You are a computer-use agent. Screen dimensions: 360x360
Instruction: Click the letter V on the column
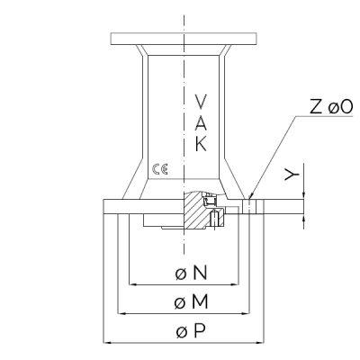pyautogui.click(x=201, y=102)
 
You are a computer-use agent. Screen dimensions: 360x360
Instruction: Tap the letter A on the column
pyautogui.click(x=201, y=122)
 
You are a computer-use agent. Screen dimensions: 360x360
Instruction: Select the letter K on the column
pyautogui.click(x=201, y=144)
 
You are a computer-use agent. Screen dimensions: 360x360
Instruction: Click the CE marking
pyautogui.click(x=160, y=169)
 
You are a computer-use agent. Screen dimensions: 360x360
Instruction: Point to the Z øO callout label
pyautogui.click(x=331, y=107)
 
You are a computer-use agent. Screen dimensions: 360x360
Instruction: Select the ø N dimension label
pyautogui.click(x=192, y=273)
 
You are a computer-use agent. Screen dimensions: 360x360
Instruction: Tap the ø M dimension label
pyautogui.click(x=191, y=302)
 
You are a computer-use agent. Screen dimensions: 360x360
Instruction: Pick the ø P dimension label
pyautogui.click(x=191, y=331)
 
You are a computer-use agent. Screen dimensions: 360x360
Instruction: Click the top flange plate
pyautogui.click(x=184, y=39)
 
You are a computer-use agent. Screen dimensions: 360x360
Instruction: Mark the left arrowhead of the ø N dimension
pyautogui.click(x=133, y=283)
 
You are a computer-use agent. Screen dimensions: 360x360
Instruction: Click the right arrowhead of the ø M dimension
pyautogui.click(x=245, y=313)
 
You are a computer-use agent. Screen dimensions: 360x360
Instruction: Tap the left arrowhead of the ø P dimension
pyautogui.click(x=108, y=342)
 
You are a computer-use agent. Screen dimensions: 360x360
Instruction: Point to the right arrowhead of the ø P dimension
pyautogui.click(x=259, y=342)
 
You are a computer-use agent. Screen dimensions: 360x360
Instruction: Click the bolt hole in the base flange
pyautogui.click(x=249, y=207)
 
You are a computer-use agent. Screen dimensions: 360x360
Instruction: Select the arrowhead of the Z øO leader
pyautogui.click(x=251, y=196)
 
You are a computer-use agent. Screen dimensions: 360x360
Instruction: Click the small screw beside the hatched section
pyautogui.click(x=214, y=219)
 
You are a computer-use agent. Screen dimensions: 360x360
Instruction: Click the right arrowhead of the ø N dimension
pyautogui.click(x=234, y=283)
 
